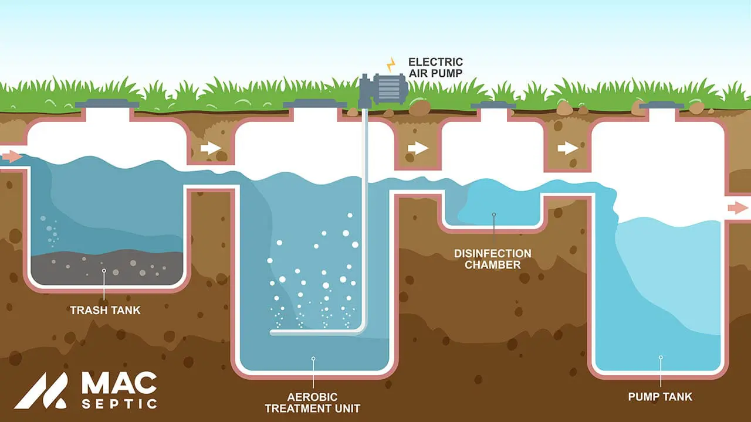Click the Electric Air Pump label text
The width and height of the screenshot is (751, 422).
pos(435,67)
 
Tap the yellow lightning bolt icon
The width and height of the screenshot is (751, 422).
pos(390,64)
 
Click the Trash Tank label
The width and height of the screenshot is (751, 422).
pos(105,310)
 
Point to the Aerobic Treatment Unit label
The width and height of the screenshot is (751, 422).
pos(312,402)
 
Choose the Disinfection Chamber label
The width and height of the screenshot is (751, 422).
pos(493,259)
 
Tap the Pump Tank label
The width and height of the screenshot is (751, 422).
pos(660,397)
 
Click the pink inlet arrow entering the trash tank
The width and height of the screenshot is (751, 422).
pos(12,156)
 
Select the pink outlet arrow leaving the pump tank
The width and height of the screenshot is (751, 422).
pos(738,207)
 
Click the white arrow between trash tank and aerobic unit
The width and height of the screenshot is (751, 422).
pos(211,148)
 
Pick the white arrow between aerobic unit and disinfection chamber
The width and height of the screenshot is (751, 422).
pos(418,148)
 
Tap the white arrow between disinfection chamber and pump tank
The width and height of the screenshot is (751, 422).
pos(567,148)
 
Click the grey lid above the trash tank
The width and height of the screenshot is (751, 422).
pos(107,104)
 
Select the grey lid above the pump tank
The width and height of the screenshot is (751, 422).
pos(661,105)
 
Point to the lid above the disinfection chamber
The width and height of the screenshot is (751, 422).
pos(493,105)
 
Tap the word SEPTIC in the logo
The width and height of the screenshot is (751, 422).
pos(119,404)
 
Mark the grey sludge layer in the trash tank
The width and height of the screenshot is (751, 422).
pos(106,270)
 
